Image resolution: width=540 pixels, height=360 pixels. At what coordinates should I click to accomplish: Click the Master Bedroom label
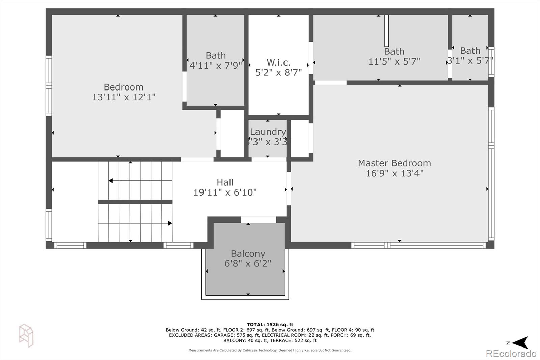[395, 163]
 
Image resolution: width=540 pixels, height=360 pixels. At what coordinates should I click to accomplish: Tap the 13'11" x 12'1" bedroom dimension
[124, 97]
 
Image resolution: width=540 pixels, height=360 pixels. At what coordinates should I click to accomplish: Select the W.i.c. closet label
[278, 62]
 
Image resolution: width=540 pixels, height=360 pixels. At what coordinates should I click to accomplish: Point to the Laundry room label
[268, 132]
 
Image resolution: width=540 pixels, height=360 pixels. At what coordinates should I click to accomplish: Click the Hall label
[225, 182]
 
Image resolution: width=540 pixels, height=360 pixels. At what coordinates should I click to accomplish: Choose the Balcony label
[248, 254]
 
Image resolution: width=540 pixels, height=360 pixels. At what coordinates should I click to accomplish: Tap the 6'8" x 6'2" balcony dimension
[248, 263]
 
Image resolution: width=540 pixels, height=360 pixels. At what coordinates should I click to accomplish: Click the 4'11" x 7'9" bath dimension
[216, 66]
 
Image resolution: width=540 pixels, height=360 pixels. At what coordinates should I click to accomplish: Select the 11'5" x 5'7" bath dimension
[394, 61]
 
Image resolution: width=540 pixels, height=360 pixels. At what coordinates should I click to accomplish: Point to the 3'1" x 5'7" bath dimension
[470, 60]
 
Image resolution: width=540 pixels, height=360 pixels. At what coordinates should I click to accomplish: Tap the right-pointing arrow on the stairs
[135, 223]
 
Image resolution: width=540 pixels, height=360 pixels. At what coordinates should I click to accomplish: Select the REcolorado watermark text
[511, 354]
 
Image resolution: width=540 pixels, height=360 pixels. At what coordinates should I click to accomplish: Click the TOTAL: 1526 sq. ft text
[270, 325]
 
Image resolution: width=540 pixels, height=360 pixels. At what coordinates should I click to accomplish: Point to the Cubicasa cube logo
[26, 335]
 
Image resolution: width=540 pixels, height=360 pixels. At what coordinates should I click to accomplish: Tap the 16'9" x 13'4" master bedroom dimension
[395, 173]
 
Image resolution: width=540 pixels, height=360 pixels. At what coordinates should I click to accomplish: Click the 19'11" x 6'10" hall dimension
[225, 192]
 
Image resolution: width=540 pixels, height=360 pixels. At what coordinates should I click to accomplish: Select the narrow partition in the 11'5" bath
[386, 31]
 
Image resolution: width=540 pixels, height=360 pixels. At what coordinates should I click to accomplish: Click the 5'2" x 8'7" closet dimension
[278, 72]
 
